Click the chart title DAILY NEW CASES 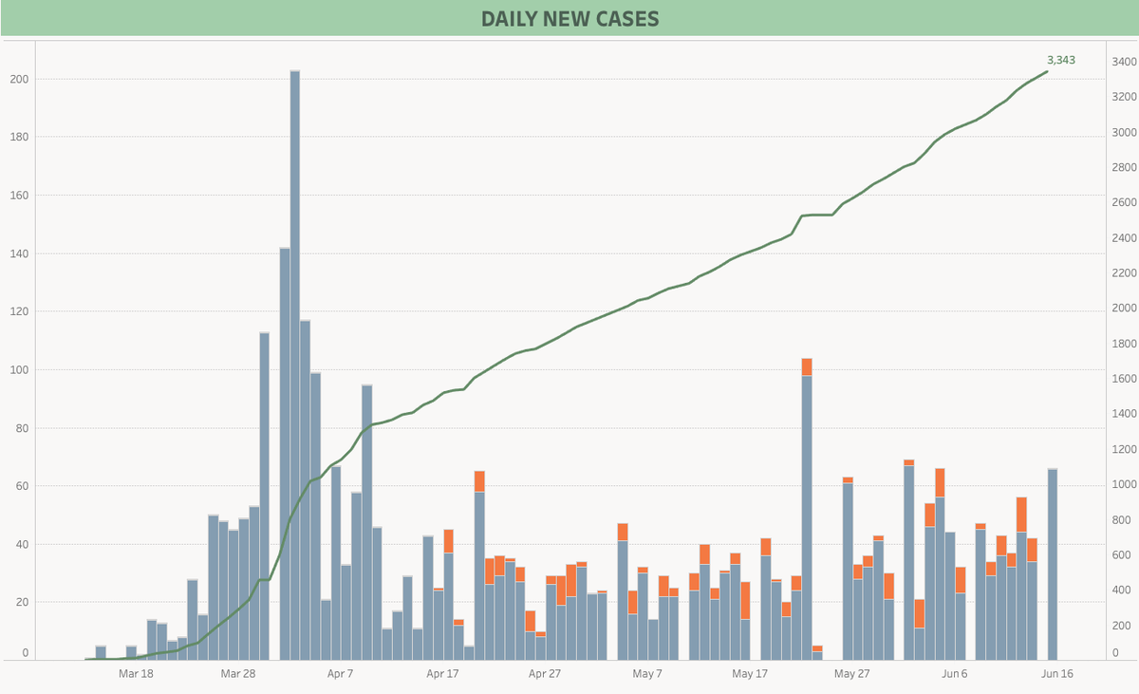pyautogui.click(x=569, y=19)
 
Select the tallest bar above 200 pyautogui.click(x=294, y=361)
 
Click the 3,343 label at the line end pyautogui.click(x=1061, y=60)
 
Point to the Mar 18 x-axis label pyautogui.click(x=136, y=673)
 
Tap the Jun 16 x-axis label pyautogui.click(x=1057, y=673)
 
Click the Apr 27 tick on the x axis pyautogui.click(x=545, y=673)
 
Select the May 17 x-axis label pyautogui.click(x=750, y=673)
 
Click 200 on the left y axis pyautogui.click(x=17, y=79)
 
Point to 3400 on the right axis pyautogui.click(x=1125, y=62)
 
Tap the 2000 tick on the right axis pyautogui.click(x=1125, y=309)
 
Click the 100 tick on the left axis pyautogui.click(x=17, y=369)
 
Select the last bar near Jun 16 pyautogui.click(x=1053, y=564)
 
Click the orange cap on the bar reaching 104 pyautogui.click(x=807, y=367)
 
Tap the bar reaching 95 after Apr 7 pyautogui.click(x=366, y=522)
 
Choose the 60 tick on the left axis pyautogui.click(x=20, y=486)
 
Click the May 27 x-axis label pyautogui.click(x=851, y=673)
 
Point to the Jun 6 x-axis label pyautogui.click(x=955, y=673)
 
